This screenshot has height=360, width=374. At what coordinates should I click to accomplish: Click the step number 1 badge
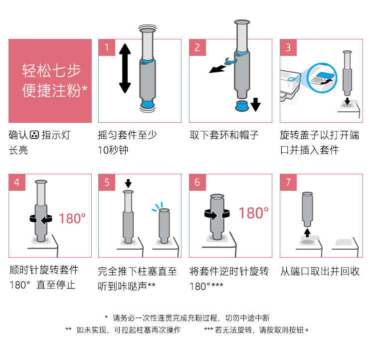pos(107,47)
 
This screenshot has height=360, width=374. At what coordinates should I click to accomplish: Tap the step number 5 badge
pos(107,182)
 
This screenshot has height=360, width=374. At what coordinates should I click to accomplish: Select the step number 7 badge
pos(288,182)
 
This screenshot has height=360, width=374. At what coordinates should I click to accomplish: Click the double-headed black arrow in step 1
pos(125,68)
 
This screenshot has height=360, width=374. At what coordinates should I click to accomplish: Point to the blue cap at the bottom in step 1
pos(147,104)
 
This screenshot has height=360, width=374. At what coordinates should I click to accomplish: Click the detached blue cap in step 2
pos(242,106)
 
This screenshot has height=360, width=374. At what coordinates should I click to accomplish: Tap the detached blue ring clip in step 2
pos(230,61)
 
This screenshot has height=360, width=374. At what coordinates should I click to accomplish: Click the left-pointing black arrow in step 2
pos(217,69)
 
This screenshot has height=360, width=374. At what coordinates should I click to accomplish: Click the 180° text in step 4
pos(72,219)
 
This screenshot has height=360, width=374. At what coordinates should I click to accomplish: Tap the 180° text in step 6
pos(253,213)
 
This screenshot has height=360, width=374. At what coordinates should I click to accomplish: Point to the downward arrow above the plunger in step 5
pos(128,183)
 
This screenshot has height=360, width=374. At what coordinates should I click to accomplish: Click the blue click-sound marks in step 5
pos(158,207)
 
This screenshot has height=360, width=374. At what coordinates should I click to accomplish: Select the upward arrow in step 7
pos(308,233)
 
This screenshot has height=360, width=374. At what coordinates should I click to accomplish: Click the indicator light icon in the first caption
pos(34,135)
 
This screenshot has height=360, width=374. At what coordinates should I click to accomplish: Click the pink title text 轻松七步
pos(51,70)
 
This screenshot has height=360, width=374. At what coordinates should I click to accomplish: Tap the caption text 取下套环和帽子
pos(224,135)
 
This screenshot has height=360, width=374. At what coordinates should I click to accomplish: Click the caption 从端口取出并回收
pos(320,271)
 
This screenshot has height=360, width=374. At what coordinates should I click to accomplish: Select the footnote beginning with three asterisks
pos(256,330)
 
